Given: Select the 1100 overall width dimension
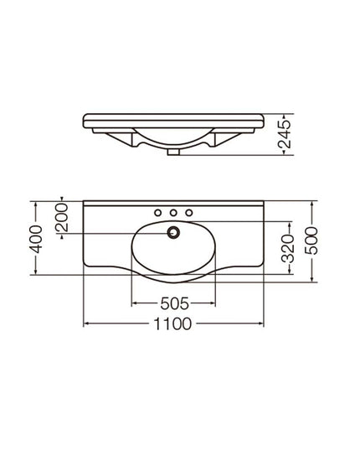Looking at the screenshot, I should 175,323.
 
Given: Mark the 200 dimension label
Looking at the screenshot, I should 61,220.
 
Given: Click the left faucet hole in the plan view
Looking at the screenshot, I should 159,211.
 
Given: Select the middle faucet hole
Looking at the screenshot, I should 174,211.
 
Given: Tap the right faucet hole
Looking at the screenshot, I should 189,211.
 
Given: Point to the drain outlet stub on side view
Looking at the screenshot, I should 173,153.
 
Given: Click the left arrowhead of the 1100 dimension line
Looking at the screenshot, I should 86,323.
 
